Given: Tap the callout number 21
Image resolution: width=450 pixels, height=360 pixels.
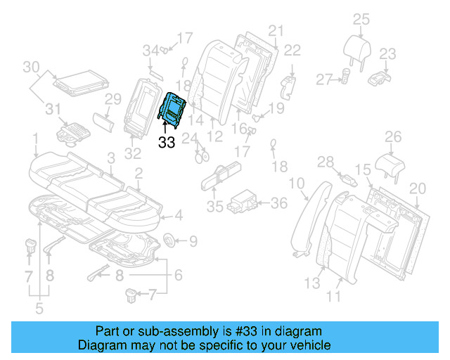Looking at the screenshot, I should click(x=275, y=30).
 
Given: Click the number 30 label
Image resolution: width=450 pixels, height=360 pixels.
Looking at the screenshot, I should click(x=30, y=67).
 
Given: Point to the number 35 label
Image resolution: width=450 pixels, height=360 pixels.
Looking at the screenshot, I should click(x=214, y=207).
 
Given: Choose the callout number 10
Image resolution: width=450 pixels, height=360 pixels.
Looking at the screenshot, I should click(x=296, y=184).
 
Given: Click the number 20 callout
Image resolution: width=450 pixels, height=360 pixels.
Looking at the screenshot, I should click(x=418, y=188).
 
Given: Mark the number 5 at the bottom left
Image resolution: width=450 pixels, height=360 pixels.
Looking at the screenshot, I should click(x=38, y=307).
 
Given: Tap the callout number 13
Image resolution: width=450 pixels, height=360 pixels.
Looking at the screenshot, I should click(x=311, y=283).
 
